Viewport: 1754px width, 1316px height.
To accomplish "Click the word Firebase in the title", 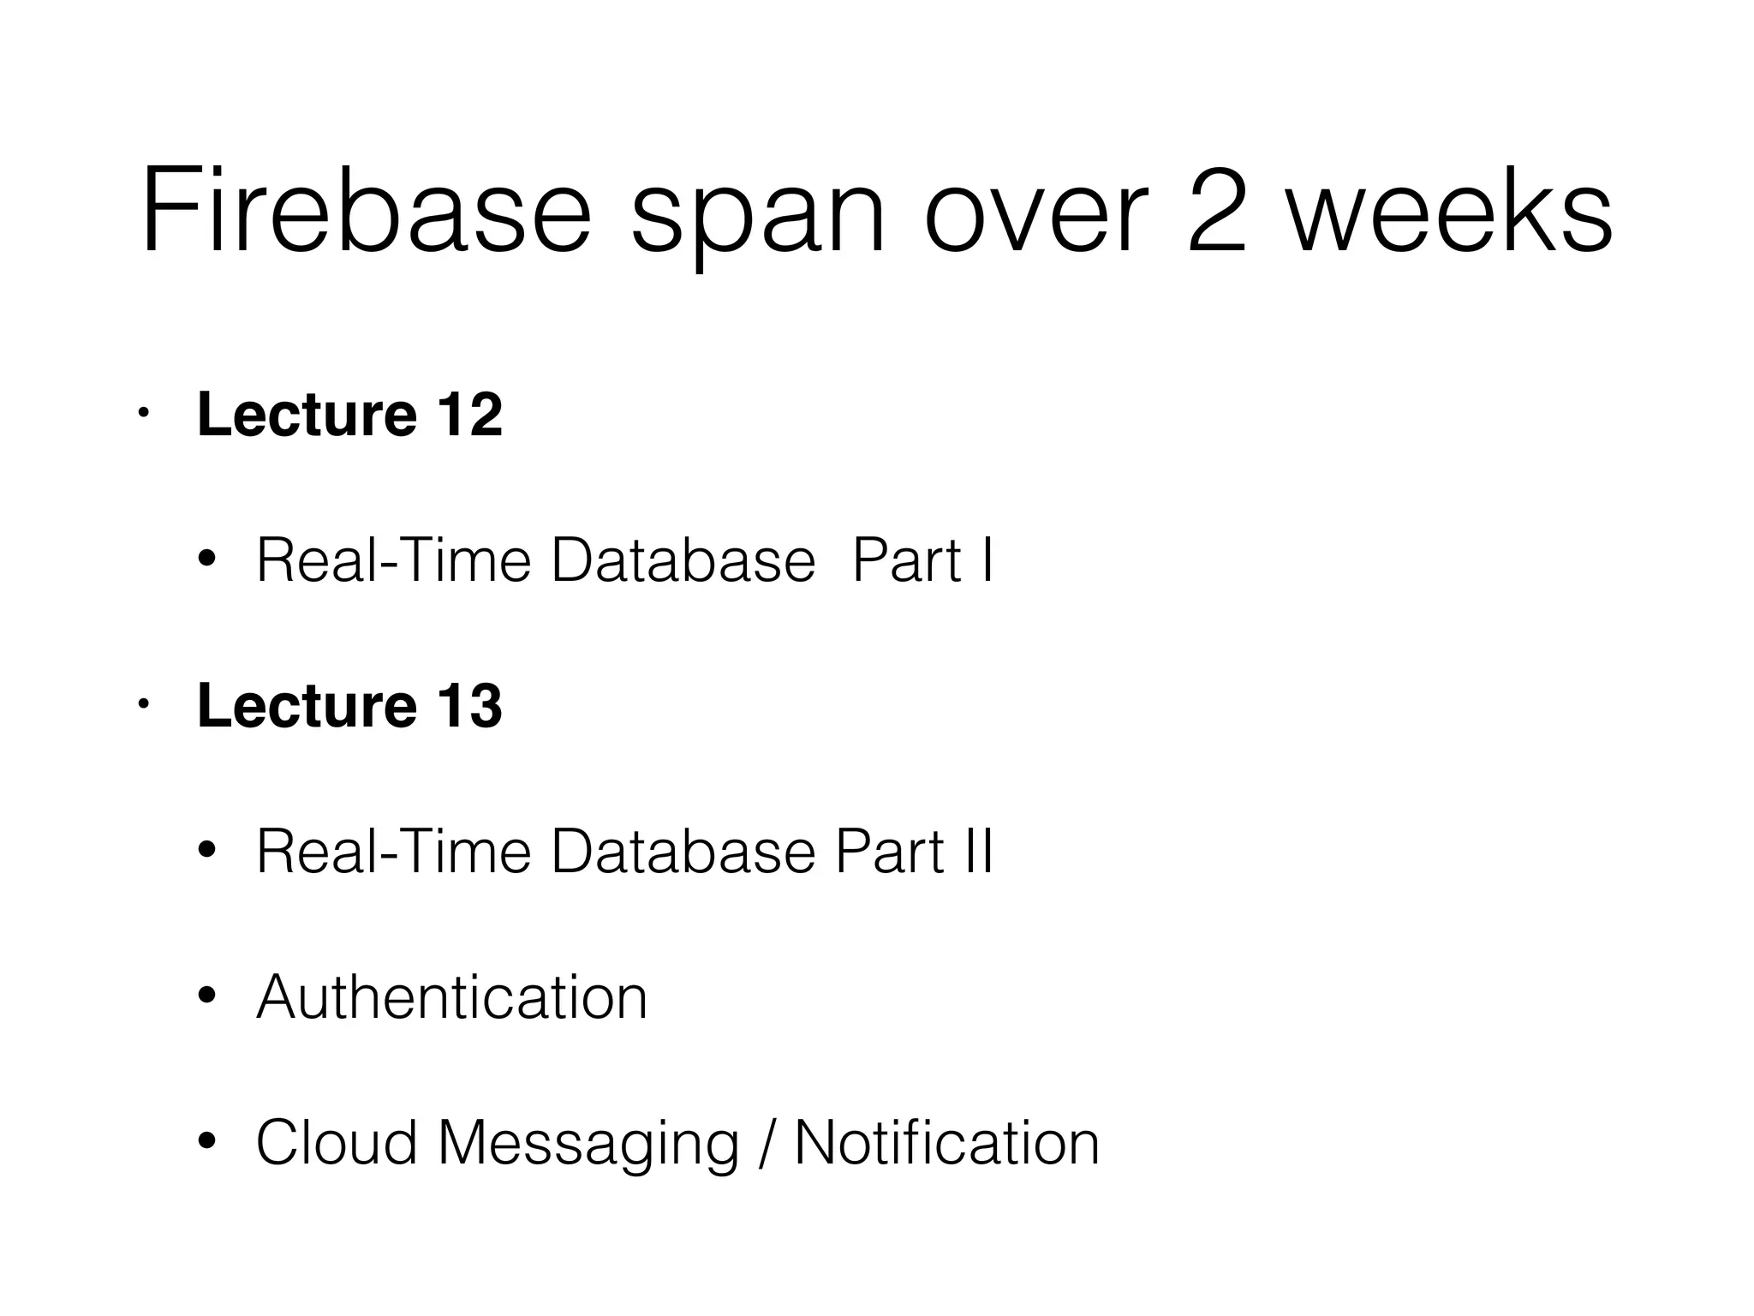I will tap(367, 211).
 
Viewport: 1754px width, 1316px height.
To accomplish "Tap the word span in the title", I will tap(757, 214).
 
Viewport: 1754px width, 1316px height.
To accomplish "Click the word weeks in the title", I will tap(1450, 211).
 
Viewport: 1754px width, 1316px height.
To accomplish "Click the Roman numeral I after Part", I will tap(987, 561).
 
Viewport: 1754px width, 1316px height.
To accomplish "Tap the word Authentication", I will tap(451, 998).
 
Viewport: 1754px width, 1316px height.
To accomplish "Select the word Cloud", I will tap(336, 1144).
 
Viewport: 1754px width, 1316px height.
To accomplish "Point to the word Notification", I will tap(946, 1144).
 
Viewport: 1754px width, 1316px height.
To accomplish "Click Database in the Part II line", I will tap(683, 852).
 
